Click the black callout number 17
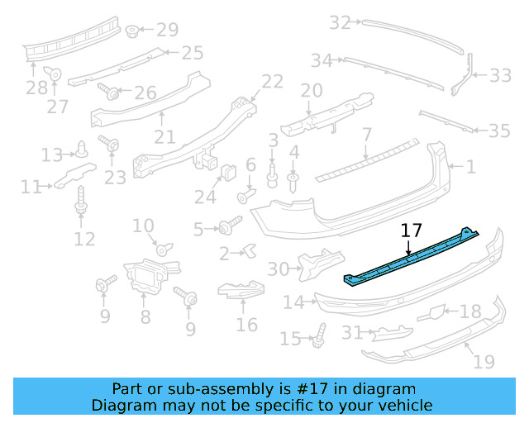(x=411, y=231)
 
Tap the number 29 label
(x=167, y=31)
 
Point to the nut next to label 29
(x=131, y=31)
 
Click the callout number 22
(x=272, y=81)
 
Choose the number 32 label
(x=340, y=23)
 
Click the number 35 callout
(x=499, y=131)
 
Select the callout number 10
(x=143, y=226)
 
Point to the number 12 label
(x=84, y=240)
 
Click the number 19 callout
(x=484, y=361)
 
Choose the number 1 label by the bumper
(x=470, y=168)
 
